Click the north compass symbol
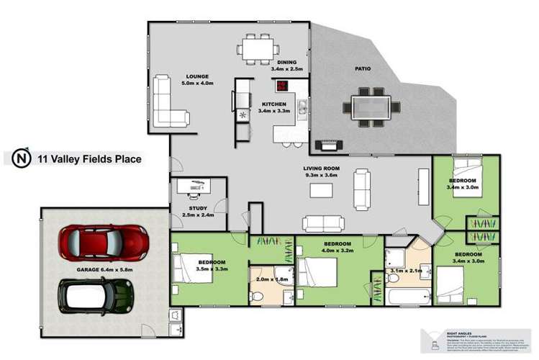(22, 158)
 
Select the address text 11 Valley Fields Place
(89, 158)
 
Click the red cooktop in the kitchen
(282, 86)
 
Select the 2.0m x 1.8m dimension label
(271, 279)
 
